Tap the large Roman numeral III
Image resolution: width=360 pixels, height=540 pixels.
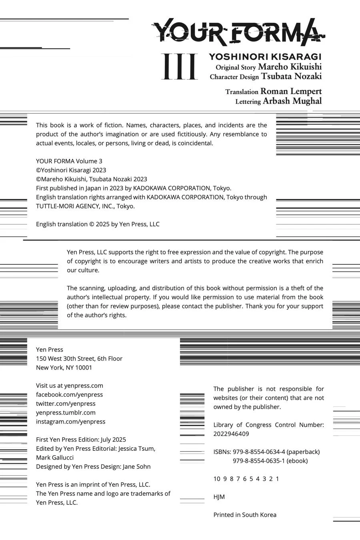coord(180,66)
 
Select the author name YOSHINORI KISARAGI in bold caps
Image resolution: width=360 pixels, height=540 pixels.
coord(265,57)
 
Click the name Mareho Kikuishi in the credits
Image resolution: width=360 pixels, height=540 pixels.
coord(290,66)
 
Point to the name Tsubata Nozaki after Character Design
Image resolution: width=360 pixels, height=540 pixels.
coord(291,76)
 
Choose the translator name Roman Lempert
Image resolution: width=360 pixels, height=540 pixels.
coord(291,91)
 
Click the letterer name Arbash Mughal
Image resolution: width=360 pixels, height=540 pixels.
coord(292,101)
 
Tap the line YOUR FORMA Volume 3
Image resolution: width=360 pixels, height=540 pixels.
coord(69,161)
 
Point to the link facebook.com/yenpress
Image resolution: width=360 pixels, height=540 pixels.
coord(69,395)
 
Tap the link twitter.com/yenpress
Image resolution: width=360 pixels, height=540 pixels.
coord(66,404)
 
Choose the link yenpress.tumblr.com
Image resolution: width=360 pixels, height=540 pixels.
coord(66,412)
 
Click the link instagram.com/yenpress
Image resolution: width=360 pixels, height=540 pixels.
coord(70,422)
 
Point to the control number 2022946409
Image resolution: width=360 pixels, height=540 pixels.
coord(231,434)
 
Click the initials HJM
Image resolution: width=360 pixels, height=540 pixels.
coord(219,497)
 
